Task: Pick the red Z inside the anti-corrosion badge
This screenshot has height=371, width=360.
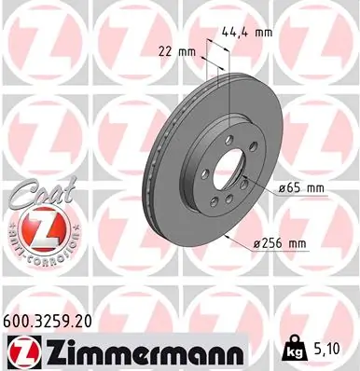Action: (36, 228)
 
